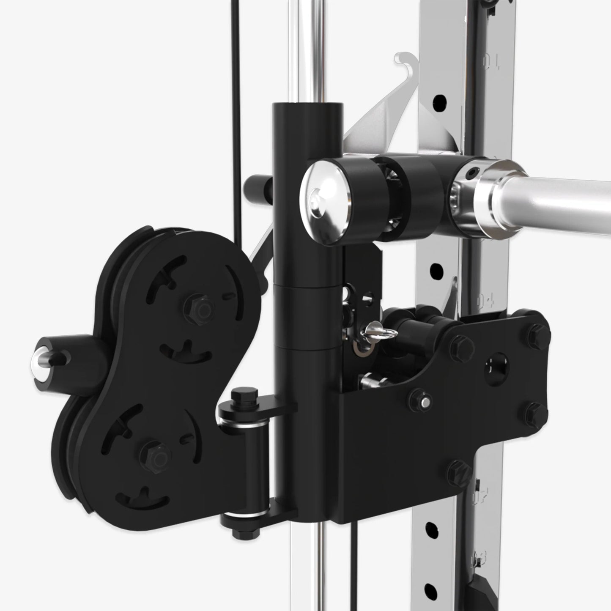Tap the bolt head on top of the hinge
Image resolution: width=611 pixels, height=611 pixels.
239,398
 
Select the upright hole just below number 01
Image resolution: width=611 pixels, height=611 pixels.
440,100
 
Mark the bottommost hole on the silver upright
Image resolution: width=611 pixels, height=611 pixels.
430,589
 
